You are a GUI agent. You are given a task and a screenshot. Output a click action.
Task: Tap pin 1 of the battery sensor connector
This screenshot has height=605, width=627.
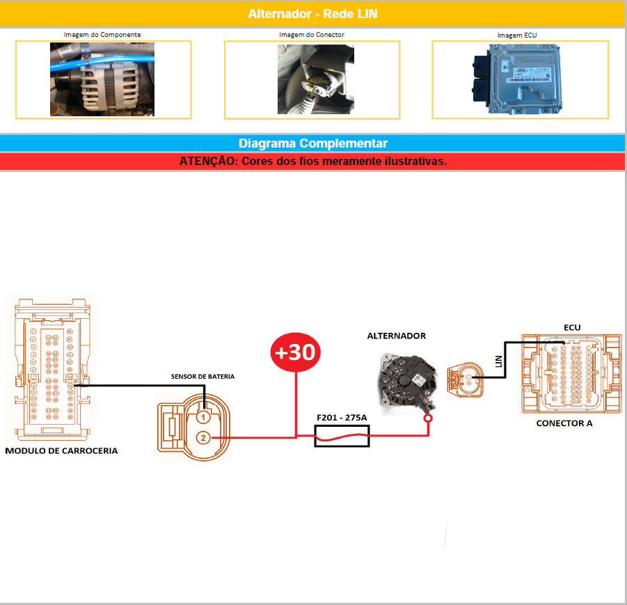203,417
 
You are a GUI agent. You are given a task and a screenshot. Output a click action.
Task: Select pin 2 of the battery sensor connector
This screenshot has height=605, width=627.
203,438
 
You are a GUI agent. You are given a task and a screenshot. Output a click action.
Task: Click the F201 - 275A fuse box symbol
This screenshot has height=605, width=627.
342,437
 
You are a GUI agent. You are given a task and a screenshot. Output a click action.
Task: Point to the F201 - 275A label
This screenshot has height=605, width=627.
342,418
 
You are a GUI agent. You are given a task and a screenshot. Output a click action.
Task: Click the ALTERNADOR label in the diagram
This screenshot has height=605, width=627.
396,336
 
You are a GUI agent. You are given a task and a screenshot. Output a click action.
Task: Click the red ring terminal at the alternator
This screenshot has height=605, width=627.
428,419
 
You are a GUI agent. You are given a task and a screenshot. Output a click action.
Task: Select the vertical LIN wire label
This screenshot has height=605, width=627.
498,361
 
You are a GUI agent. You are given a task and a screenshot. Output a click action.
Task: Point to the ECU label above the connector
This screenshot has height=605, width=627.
571,327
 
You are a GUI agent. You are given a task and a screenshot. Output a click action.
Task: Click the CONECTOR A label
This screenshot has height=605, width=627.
564,423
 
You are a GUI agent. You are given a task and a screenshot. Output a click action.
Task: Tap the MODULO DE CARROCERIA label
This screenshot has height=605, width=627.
61,450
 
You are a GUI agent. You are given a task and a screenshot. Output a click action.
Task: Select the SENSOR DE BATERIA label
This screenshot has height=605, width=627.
203,376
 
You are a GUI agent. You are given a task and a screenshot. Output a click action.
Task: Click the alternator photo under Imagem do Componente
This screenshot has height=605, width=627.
102,79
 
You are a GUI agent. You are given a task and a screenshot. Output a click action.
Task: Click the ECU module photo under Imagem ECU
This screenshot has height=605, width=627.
519,79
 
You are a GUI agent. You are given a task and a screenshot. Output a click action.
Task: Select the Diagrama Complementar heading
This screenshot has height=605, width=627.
313,143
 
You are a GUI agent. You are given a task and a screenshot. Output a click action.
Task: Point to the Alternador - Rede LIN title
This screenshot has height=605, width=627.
313,14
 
